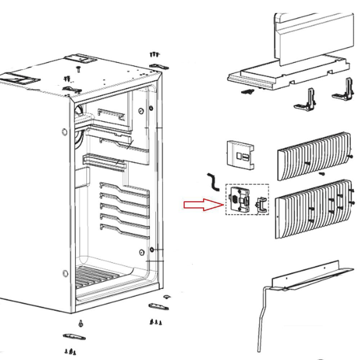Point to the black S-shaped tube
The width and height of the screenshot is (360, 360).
pyautogui.click(x=213, y=182)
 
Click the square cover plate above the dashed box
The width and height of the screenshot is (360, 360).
pyautogui.click(x=239, y=154)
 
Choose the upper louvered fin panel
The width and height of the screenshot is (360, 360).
pyautogui.click(x=313, y=156)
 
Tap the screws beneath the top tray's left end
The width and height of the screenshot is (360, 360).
pyautogui.click(x=247, y=92)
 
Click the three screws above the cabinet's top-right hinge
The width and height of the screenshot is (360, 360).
pyautogui.click(x=154, y=54)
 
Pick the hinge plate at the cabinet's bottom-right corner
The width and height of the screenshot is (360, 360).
pyautogui.click(x=158, y=306)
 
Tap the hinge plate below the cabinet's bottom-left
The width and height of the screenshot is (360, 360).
pyautogui.click(x=74, y=337)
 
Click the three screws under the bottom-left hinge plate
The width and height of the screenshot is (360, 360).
pyautogui.click(x=71, y=351)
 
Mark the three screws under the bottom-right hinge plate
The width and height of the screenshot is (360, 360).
pyautogui.click(x=156, y=321)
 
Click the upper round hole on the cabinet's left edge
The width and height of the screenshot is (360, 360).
pyautogui.click(x=64, y=132)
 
